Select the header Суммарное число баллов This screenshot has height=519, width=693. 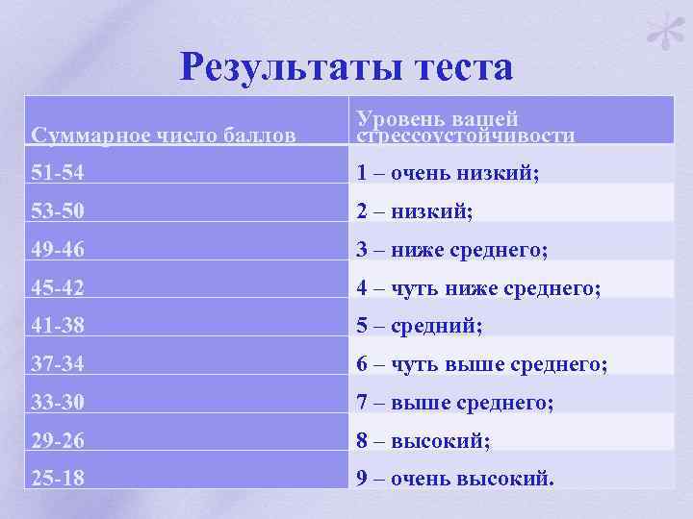click(164, 136)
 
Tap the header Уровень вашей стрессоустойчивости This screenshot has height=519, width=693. click(466, 127)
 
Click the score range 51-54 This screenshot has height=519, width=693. click(58, 173)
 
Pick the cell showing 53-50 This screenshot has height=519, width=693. click(58, 211)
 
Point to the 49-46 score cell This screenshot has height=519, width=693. click(58, 250)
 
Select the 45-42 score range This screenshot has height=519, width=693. click(58, 288)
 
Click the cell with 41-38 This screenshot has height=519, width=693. click(58, 327)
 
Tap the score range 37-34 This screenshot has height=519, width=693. click(58, 365)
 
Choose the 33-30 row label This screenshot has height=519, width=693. click(58, 404)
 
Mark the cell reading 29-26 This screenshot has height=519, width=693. click(58, 441)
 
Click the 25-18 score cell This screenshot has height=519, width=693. click(58, 479)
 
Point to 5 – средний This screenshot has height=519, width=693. click(420, 327)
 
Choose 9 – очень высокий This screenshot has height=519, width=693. click(455, 479)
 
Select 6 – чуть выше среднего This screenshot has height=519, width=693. click(482, 365)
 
